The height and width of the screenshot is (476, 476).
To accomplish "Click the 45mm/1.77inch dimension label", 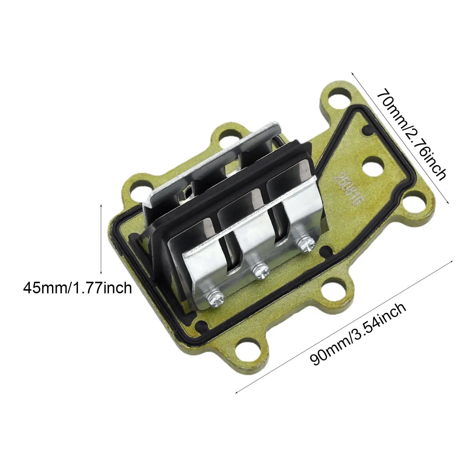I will [78, 288].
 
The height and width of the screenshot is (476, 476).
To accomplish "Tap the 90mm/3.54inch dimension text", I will [358, 335].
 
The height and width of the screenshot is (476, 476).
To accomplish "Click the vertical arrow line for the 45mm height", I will [101, 239].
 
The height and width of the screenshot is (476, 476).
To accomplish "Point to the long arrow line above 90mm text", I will [345, 318].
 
